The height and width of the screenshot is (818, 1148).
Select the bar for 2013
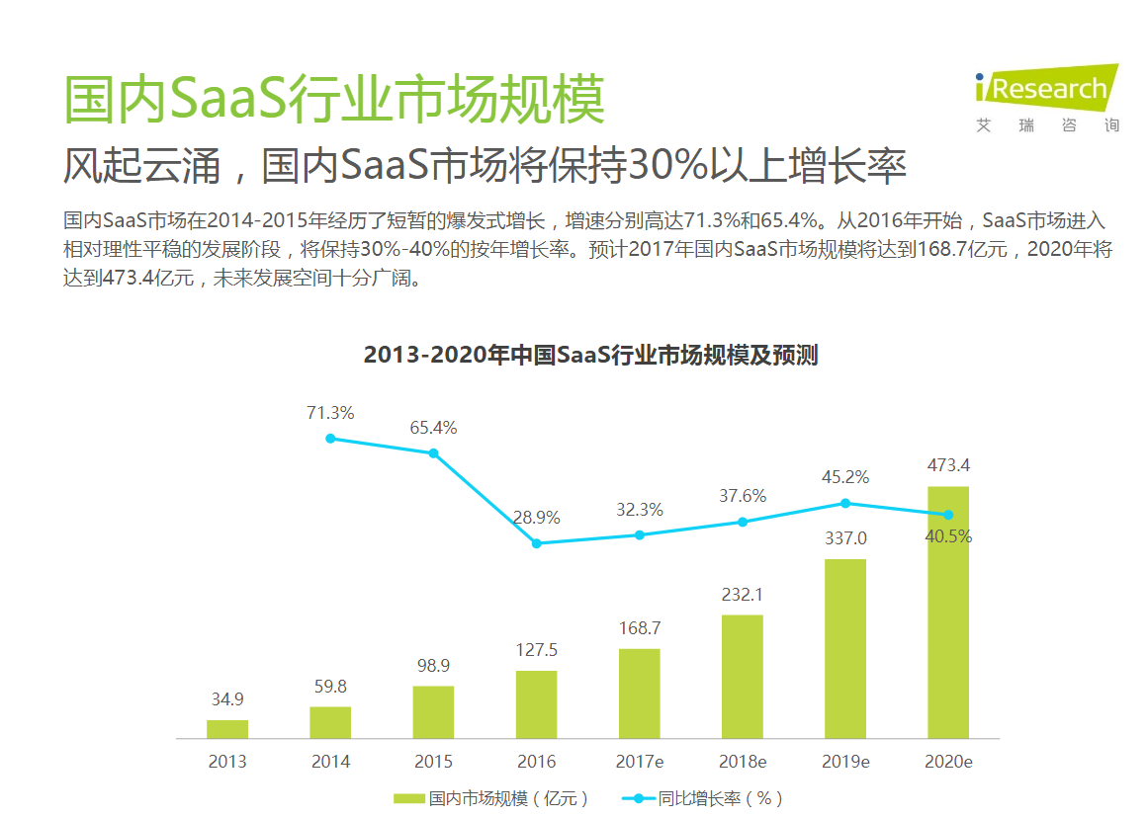point(227,729)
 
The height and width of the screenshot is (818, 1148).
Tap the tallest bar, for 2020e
point(947,613)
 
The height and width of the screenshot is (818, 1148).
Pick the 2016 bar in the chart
point(536,704)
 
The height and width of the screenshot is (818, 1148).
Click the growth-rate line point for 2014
point(330,439)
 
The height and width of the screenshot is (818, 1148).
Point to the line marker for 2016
point(536,543)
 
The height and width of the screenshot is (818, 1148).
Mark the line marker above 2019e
point(844,503)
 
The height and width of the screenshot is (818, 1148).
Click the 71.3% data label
point(330,413)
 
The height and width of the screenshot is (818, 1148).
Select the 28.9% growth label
point(536,518)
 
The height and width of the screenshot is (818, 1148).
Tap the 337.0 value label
point(844,538)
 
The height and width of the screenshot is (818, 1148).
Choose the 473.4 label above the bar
point(947,465)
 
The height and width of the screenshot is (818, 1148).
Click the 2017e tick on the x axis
point(639,762)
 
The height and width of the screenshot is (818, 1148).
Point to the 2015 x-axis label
point(433,762)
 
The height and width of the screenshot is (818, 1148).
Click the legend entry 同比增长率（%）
point(704,798)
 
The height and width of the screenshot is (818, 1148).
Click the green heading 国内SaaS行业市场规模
point(334,98)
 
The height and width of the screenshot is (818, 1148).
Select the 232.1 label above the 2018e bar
point(742,595)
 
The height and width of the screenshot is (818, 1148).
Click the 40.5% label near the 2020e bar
point(947,536)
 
